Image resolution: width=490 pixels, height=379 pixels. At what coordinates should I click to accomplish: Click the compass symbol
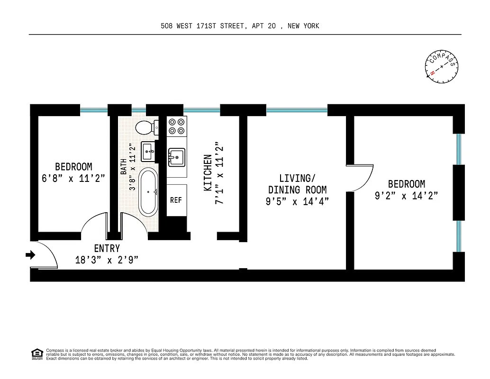point(442,67)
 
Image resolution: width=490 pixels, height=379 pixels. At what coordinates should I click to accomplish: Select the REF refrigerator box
point(176,200)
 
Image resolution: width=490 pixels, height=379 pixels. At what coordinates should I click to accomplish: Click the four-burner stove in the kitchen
point(177,126)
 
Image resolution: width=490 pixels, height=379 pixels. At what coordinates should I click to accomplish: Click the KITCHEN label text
point(208,173)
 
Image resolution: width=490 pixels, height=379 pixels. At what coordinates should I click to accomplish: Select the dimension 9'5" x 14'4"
point(297,201)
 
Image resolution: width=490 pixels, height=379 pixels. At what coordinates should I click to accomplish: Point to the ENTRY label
point(107,249)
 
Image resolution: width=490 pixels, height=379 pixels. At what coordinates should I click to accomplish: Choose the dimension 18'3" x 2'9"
point(107,260)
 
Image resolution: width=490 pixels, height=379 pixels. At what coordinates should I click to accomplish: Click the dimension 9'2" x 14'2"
point(406,195)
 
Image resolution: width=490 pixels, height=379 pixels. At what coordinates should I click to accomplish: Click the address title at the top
point(240,26)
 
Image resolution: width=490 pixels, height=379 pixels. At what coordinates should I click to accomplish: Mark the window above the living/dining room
point(297,110)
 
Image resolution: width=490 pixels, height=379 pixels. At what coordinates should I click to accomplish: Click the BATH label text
point(123,167)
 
